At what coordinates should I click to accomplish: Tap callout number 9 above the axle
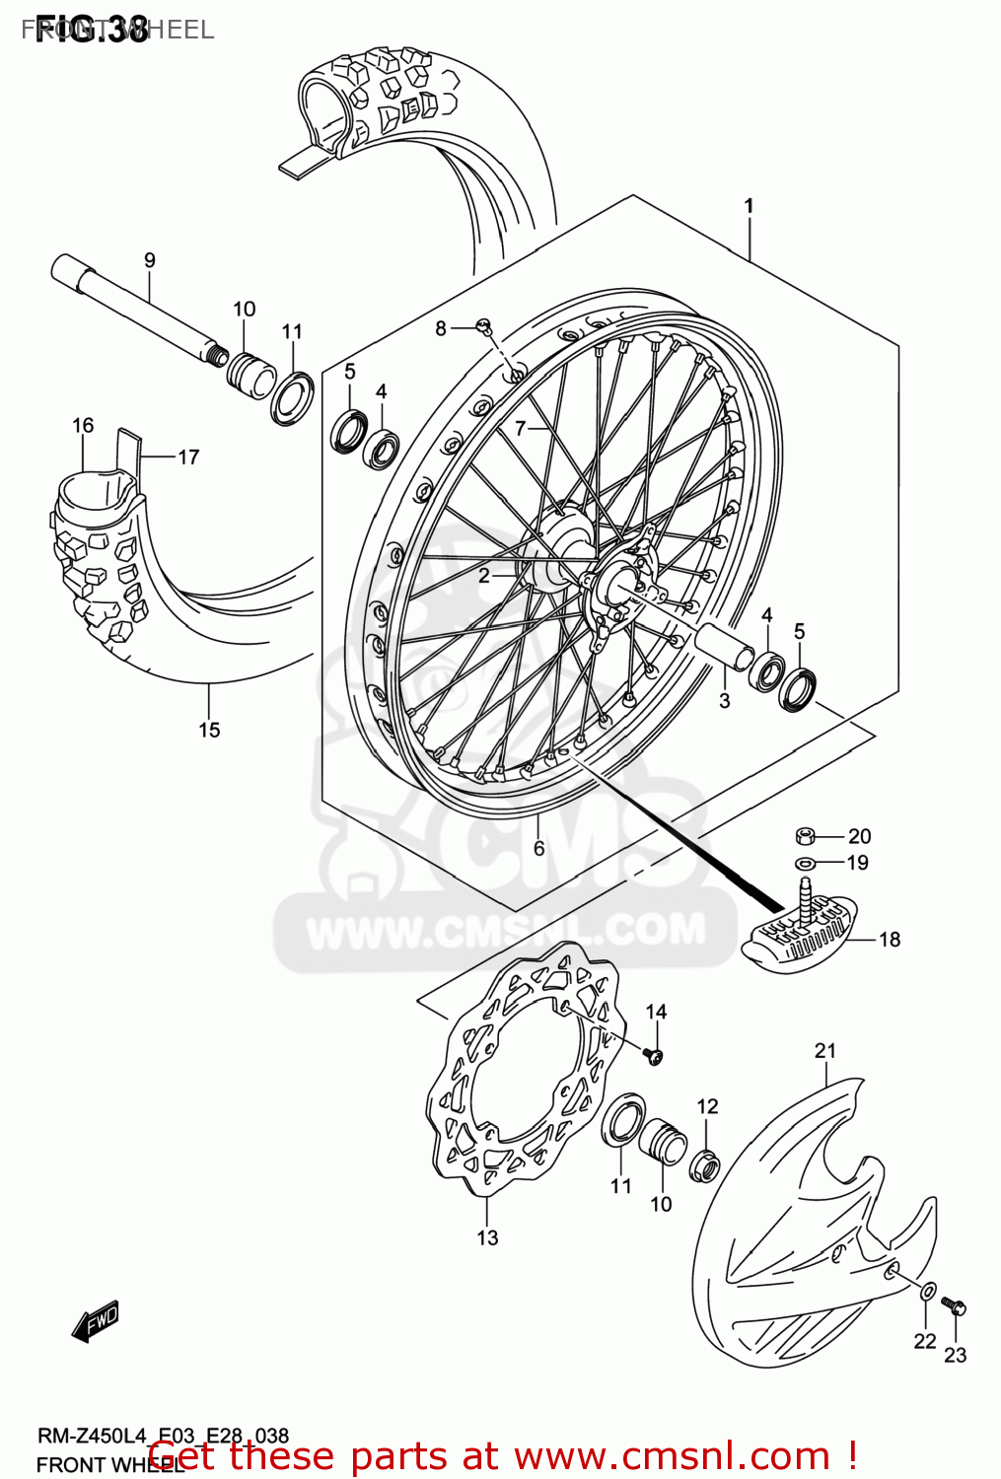click(150, 260)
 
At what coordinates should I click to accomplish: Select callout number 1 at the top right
click(749, 206)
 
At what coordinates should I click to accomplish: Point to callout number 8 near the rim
click(441, 328)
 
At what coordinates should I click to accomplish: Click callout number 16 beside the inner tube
click(83, 425)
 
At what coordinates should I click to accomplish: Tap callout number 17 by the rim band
click(188, 457)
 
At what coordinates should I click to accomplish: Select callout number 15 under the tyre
click(209, 730)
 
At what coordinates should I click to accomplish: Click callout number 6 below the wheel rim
click(538, 848)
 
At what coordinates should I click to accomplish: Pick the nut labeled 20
click(805, 837)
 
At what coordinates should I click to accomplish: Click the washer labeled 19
click(805, 864)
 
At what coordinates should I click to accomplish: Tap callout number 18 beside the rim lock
click(890, 940)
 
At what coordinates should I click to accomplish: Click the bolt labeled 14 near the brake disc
click(654, 1056)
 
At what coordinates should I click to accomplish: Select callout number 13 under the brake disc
click(487, 1237)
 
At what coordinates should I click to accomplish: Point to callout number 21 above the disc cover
click(825, 1051)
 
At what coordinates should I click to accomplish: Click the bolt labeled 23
click(955, 1306)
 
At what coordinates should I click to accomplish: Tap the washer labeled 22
click(928, 1292)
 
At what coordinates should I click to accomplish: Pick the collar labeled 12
click(705, 1165)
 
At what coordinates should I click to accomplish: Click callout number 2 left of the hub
click(483, 576)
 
